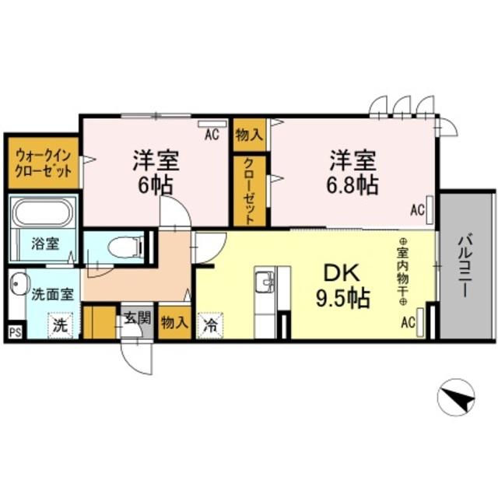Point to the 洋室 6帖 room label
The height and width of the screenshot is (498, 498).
tap(156, 174)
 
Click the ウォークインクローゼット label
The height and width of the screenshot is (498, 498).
tap(43, 163)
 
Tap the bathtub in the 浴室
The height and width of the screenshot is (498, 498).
tap(43, 211)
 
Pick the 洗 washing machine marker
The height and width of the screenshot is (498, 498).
tap(60, 325)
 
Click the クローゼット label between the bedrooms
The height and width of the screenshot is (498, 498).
tap(248, 191)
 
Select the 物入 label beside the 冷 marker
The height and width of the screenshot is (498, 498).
tap(174, 323)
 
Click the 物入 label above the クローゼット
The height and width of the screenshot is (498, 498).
tap(248, 134)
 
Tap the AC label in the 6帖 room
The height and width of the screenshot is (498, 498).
tap(211, 134)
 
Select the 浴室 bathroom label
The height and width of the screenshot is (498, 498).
tap(44, 243)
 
